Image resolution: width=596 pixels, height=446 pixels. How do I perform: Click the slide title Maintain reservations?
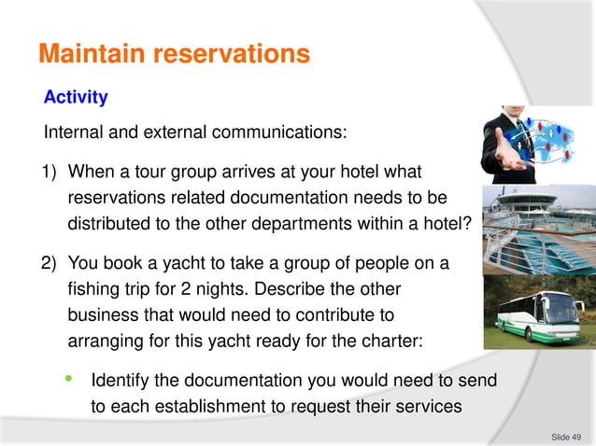point(174,55)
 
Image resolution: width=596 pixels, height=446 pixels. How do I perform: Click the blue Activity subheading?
point(76,97)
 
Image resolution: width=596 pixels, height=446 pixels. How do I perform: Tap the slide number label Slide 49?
point(566,436)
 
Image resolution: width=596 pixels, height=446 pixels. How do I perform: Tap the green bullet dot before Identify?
point(68,379)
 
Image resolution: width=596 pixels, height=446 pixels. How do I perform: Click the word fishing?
point(93,290)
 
